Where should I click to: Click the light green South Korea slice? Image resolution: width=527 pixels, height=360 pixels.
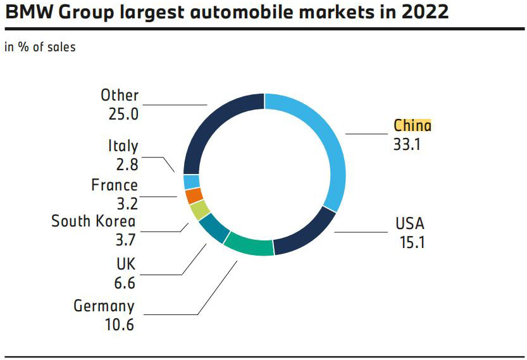200,210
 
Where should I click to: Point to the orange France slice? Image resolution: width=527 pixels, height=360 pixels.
194,196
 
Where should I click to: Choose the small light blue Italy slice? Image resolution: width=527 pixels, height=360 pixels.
191,182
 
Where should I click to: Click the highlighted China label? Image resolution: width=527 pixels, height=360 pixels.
412,125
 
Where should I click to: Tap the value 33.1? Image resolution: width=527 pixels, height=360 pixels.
407,144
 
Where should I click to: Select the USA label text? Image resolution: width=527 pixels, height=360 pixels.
410,223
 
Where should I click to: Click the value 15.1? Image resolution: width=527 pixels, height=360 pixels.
412,242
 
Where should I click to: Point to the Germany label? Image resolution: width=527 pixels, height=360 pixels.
104,306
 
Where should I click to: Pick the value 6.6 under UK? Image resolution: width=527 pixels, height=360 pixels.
125,283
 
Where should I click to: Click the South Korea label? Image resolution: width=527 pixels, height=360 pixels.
94,221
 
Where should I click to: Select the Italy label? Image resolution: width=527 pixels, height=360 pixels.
123,146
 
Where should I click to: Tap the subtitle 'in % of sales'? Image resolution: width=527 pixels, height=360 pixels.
40,47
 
